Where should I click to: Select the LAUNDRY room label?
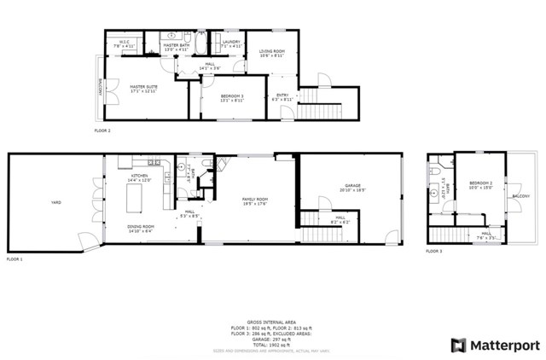click(230, 43)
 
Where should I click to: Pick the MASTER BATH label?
click(175, 47)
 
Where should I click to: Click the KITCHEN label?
click(138, 178)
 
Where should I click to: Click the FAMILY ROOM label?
click(254, 201)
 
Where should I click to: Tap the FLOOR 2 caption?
click(102, 131)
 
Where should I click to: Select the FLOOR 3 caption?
click(435, 252)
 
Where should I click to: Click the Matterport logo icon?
click(458, 345)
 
